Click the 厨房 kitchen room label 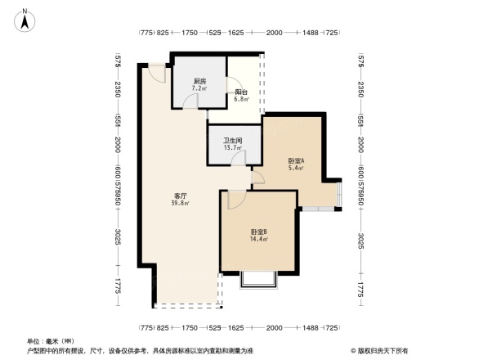pyautogui.click(x=199, y=80)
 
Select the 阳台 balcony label pyautogui.click(x=241, y=92)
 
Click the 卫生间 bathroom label pyautogui.click(x=234, y=140)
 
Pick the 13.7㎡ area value pyautogui.click(x=234, y=147)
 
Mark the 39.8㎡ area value pyautogui.click(x=181, y=204)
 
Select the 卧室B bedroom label pyautogui.click(x=259, y=232)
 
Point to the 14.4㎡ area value pyautogui.click(x=259, y=239)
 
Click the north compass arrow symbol pyautogui.click(x=25, y=18)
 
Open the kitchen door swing pyautogui.click(x=190, y=101)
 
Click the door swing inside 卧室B pyautogui.click(x=234, y=200)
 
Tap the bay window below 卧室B pyautogui.click(x=259, y=280)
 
